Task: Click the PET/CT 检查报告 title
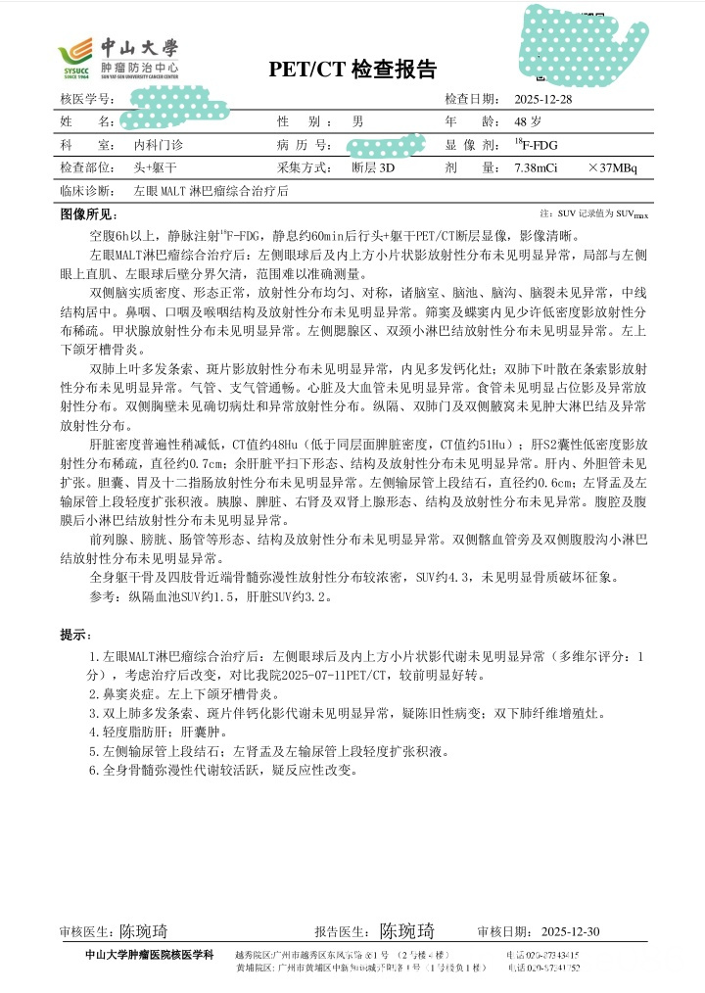point(352,70)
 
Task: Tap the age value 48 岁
point(529,121)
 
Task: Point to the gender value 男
point(358,121)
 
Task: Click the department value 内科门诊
point(159,145)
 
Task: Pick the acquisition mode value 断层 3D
point(373,167)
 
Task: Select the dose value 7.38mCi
point(536,167)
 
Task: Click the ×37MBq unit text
point(612,167)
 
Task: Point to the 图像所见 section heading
point(87,213)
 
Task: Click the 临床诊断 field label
point(84,191)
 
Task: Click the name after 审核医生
point(144,931)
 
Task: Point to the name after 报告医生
point(406,931)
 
